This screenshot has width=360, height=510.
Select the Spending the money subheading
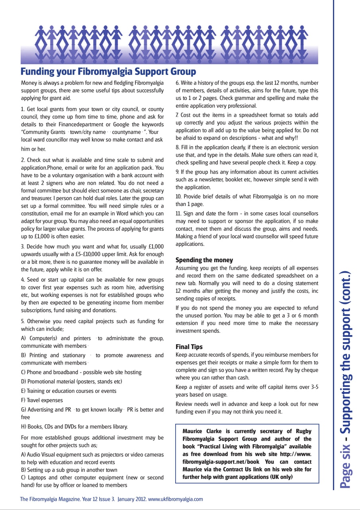[204, 260]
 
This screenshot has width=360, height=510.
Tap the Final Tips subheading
[189, 347]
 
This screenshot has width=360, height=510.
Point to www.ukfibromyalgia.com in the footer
[176, 499]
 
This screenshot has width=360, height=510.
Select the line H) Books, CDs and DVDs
[74, 426]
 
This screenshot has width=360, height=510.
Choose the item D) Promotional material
[71, 381]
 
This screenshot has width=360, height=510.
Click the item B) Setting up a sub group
[69, 470]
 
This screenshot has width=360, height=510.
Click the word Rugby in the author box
[303, 431]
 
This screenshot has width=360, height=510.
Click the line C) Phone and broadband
[81, 372]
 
